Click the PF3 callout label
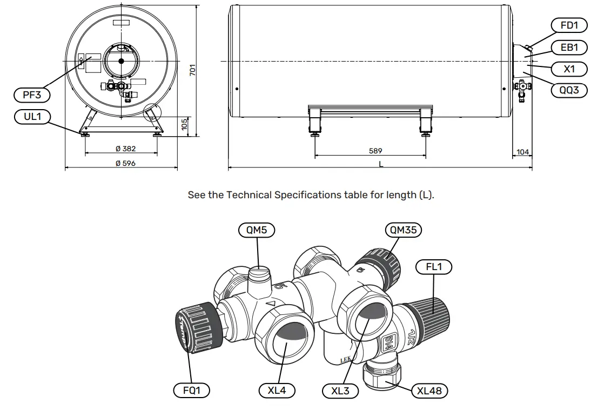pos(31,96)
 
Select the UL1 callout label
pos(31,117)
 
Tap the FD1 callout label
pos(569,25)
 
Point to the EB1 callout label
pos(569,48)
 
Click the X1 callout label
pos(569,69)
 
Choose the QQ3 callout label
pos(569,90)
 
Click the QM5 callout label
pos(257,230)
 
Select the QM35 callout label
pos(404,230)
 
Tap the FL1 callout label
pos(434,266)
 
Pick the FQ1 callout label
pos(192,390)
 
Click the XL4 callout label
pos(277,390)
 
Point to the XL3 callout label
pos(340,391)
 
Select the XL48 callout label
pos(429,390)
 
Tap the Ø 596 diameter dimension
pos(125,163)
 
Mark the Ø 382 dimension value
pos(125,149)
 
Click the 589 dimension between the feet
pos(375,151)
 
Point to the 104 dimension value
pos(522,152)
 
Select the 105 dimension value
pos(184,124)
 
